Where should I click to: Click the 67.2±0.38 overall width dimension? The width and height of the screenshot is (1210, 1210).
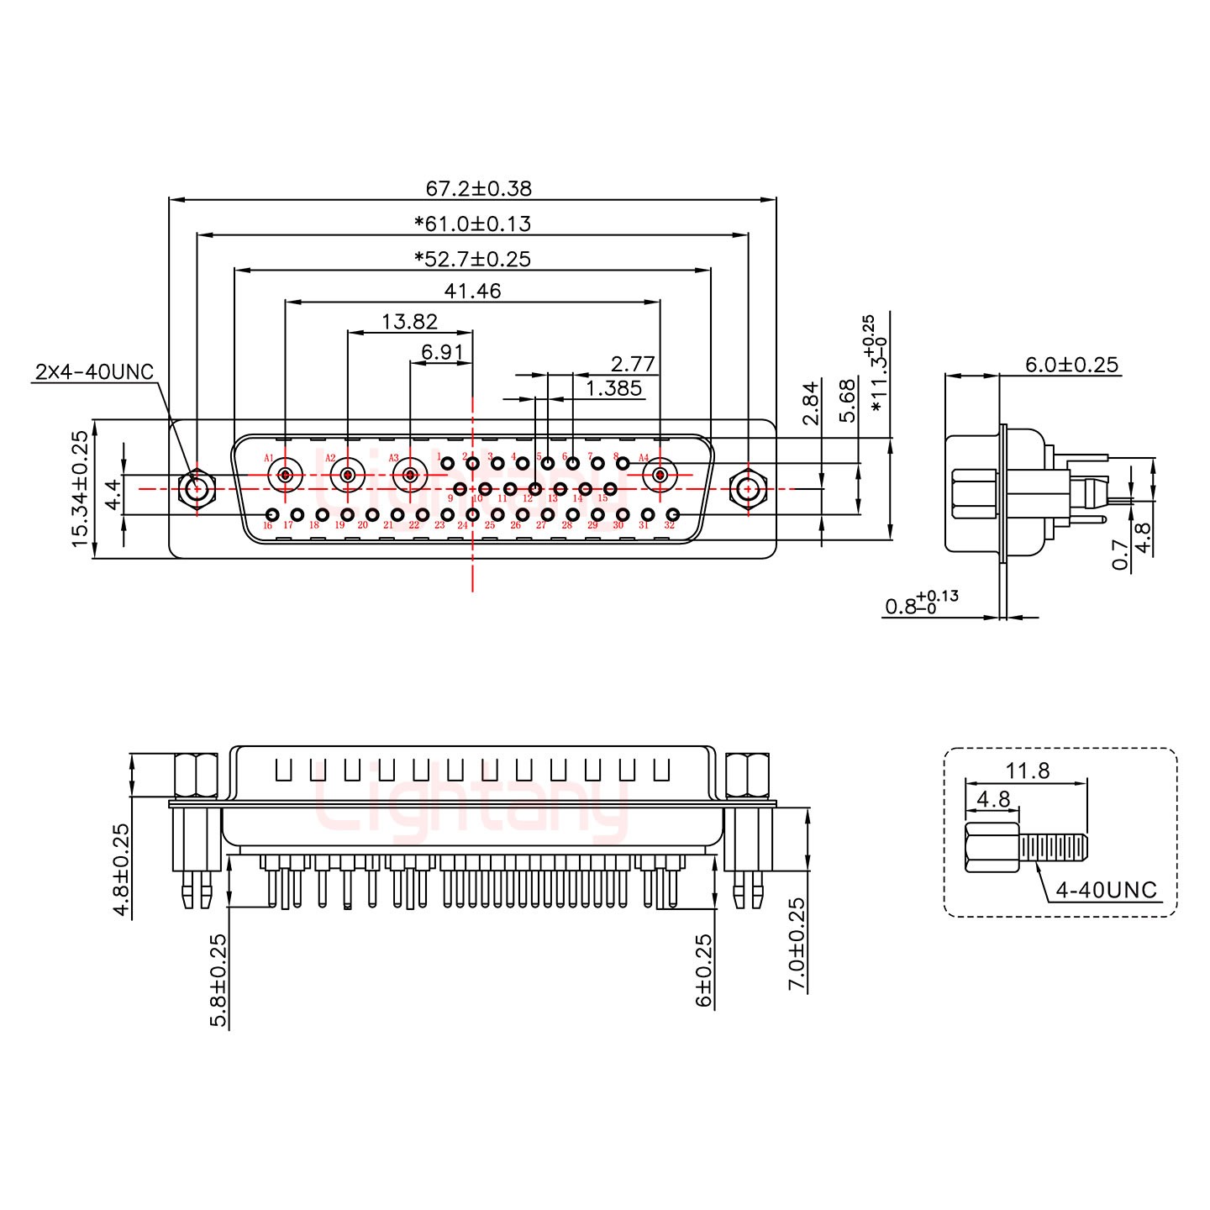[x=478, y=188]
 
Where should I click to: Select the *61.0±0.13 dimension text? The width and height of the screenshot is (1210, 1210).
[x=472, y=224]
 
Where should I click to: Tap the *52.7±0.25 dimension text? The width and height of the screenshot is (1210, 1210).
[x=472, y=259]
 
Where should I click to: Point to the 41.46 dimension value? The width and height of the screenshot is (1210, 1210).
[x=472, y=291]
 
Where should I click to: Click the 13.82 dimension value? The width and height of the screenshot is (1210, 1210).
[x=409, y=322]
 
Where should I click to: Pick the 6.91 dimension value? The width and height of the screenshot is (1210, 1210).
[x=442, y=352]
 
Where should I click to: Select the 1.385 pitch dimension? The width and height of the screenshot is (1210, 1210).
[x=613, y=388]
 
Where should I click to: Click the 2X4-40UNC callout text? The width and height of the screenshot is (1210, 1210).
[x=94, y=371]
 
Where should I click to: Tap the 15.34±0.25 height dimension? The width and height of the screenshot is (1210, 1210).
[x=80, y=489]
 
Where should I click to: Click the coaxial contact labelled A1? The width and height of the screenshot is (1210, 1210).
[x=286, y=476]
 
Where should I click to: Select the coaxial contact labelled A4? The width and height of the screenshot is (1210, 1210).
[x=660, y=476]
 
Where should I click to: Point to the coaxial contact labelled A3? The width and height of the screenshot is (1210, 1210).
[x=410, y=476]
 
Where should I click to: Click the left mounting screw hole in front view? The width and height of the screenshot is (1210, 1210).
[x=197, y=488]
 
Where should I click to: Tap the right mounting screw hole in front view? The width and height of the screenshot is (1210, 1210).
[x=747, y=488]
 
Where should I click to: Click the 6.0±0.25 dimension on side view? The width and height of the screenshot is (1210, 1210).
[x=1071, y=365]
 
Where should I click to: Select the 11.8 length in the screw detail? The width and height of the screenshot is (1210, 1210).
[x=1027, y=771]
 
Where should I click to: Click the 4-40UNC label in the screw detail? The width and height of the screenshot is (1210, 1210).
[x=1106, y=890]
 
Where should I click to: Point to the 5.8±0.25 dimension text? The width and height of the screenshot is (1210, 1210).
[x=218, y=980]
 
